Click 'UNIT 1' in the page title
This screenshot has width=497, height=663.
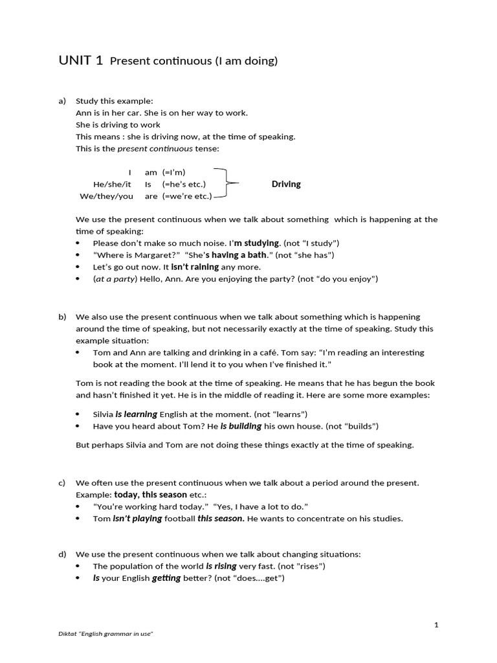tap(80, 61)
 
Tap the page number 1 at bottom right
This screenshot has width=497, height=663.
tap(436, 625)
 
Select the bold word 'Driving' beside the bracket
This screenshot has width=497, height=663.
tap(286, 184)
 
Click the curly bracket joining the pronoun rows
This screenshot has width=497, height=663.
tap(226, 184)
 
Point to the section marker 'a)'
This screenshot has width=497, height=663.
tap(62, 101)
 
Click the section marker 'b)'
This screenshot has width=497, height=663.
tap(62, 317)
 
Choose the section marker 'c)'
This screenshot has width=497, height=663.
tap(62, 482)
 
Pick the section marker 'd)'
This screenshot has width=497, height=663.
tap(62, 554)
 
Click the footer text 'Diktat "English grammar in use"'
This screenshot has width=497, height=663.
tap(105, 635)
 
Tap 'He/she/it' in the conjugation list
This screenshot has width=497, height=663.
tap(112, 184)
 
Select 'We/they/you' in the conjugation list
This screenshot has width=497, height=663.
tap(106, 196)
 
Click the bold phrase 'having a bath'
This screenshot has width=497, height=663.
tap(239, 254)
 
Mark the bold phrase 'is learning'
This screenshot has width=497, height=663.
tap(136, 414)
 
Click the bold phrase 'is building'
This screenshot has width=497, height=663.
tap(241, 426)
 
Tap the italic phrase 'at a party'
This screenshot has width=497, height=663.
tap(116, 278)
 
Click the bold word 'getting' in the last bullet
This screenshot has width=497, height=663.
tap(166, 578)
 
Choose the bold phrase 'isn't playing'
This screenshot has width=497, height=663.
tap(137, 519)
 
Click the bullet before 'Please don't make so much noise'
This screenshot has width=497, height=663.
tap(78, 243)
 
